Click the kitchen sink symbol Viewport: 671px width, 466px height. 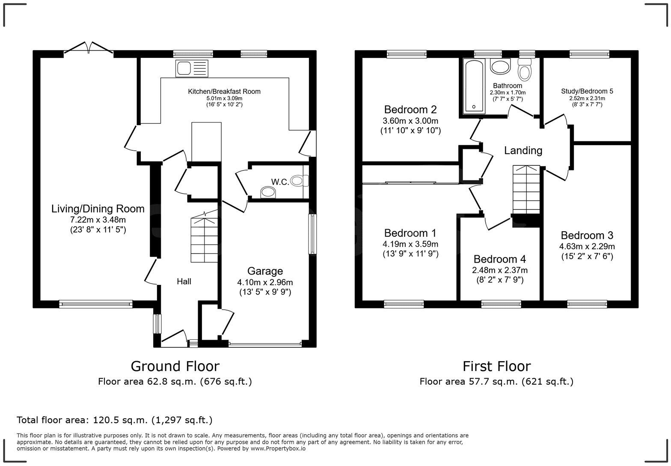coord(192,68)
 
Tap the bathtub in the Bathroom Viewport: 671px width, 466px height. coord(474,87)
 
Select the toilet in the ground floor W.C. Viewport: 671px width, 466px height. coord(300,181)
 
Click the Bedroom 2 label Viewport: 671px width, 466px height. coord(410,110)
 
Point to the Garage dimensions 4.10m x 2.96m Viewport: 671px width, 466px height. coord(265,282)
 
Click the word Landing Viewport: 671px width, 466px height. coord(523,150)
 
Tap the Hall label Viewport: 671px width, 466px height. coord(184,281)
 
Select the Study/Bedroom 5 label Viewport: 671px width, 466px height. coord(587,91)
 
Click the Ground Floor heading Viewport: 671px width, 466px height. coord(175,366)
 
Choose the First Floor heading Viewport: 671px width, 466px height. coord(497,366)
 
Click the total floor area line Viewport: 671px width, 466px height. coord(114,420)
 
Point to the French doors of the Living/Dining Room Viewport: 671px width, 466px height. coord(89,48)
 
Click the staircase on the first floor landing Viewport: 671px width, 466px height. coord(526,189)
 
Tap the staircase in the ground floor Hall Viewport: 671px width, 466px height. coord(204,236)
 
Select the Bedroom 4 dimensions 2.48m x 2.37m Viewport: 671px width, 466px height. coord(500,270)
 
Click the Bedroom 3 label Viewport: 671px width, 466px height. coord(587,236)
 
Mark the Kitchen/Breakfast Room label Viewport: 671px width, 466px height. coord(224,92)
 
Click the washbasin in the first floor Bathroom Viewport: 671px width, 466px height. coord(500,66)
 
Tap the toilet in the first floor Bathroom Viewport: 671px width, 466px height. coord(525,69)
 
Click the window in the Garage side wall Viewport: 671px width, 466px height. coord(312,234)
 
